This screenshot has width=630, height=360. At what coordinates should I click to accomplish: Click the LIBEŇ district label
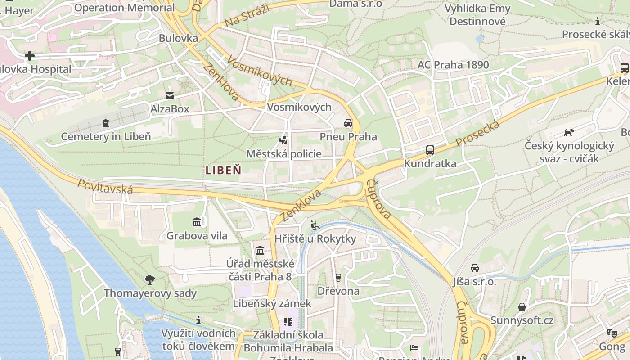coord(224,170)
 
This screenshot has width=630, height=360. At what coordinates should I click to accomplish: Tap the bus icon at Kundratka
coord(430,150)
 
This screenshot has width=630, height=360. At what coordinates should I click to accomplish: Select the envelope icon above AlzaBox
coord(170,95)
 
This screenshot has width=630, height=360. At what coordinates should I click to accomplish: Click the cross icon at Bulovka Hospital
coord(30,56)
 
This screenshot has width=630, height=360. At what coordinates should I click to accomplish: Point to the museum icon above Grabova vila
coord(197,222)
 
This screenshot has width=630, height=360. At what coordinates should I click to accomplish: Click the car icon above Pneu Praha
coord(348,123)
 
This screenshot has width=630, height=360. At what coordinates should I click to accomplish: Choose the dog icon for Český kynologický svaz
coord(569,132)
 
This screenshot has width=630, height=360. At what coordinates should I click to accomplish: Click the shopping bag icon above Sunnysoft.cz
coord(522,307)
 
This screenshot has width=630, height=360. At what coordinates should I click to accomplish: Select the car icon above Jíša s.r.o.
coord(475,268)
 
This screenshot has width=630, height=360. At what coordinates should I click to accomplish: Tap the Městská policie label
coord(283,154)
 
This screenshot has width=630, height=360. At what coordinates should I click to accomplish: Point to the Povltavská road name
coord(105,186)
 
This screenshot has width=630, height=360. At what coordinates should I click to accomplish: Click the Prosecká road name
coord(478,134)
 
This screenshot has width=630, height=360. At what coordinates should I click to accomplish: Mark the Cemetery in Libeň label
coord(106,136)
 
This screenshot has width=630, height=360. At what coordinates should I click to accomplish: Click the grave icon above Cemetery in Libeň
coord(106,123)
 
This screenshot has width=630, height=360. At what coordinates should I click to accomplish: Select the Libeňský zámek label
coord(272,303)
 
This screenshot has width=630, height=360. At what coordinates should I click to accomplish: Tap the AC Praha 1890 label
coord(453,65)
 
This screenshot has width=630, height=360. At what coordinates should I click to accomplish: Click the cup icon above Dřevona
coord(338,277)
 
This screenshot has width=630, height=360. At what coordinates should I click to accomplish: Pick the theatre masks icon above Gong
coord(611,333)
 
